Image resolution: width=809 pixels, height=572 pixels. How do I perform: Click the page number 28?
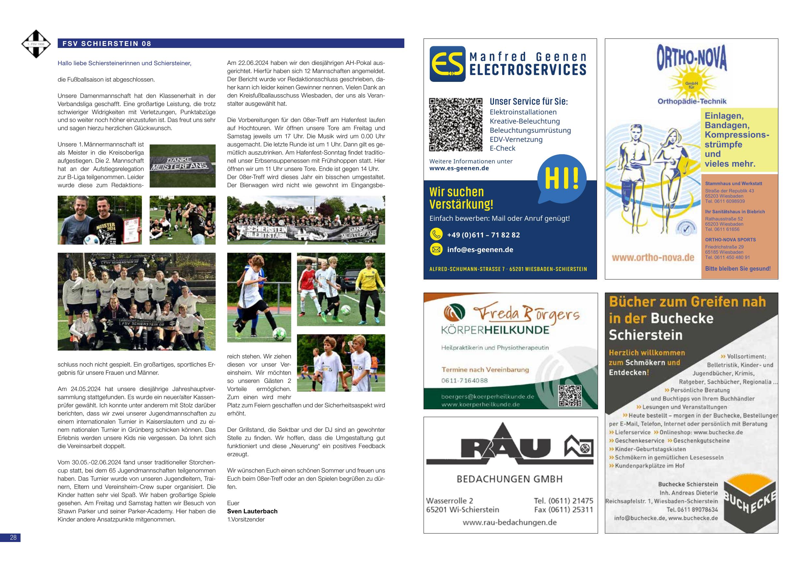[x=13, y=537]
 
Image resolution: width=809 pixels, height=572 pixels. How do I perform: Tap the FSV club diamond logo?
[x=36, y=44]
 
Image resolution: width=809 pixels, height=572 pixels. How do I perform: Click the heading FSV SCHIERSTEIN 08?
[x=107, y=44]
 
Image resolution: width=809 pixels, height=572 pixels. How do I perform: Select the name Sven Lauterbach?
[x=252, y=511]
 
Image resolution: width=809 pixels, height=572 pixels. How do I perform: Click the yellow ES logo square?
[x=447, y=64]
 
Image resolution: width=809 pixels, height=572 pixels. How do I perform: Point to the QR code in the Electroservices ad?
[x=455, y=124]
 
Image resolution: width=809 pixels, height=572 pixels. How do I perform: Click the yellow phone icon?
[x=436, y=234]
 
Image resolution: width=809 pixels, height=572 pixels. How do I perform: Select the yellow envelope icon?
[x=436, y=249]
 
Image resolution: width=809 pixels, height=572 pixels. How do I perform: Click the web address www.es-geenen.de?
[x=459, y=168]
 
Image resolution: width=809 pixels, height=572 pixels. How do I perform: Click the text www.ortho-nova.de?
[x=653, y=258]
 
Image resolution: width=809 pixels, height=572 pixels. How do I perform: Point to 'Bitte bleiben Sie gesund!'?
[x=738, y=269]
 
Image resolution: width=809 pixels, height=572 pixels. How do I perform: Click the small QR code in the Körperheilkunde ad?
[x=570, y=396]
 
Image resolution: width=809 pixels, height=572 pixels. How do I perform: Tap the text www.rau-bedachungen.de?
[x=510, y=522]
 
